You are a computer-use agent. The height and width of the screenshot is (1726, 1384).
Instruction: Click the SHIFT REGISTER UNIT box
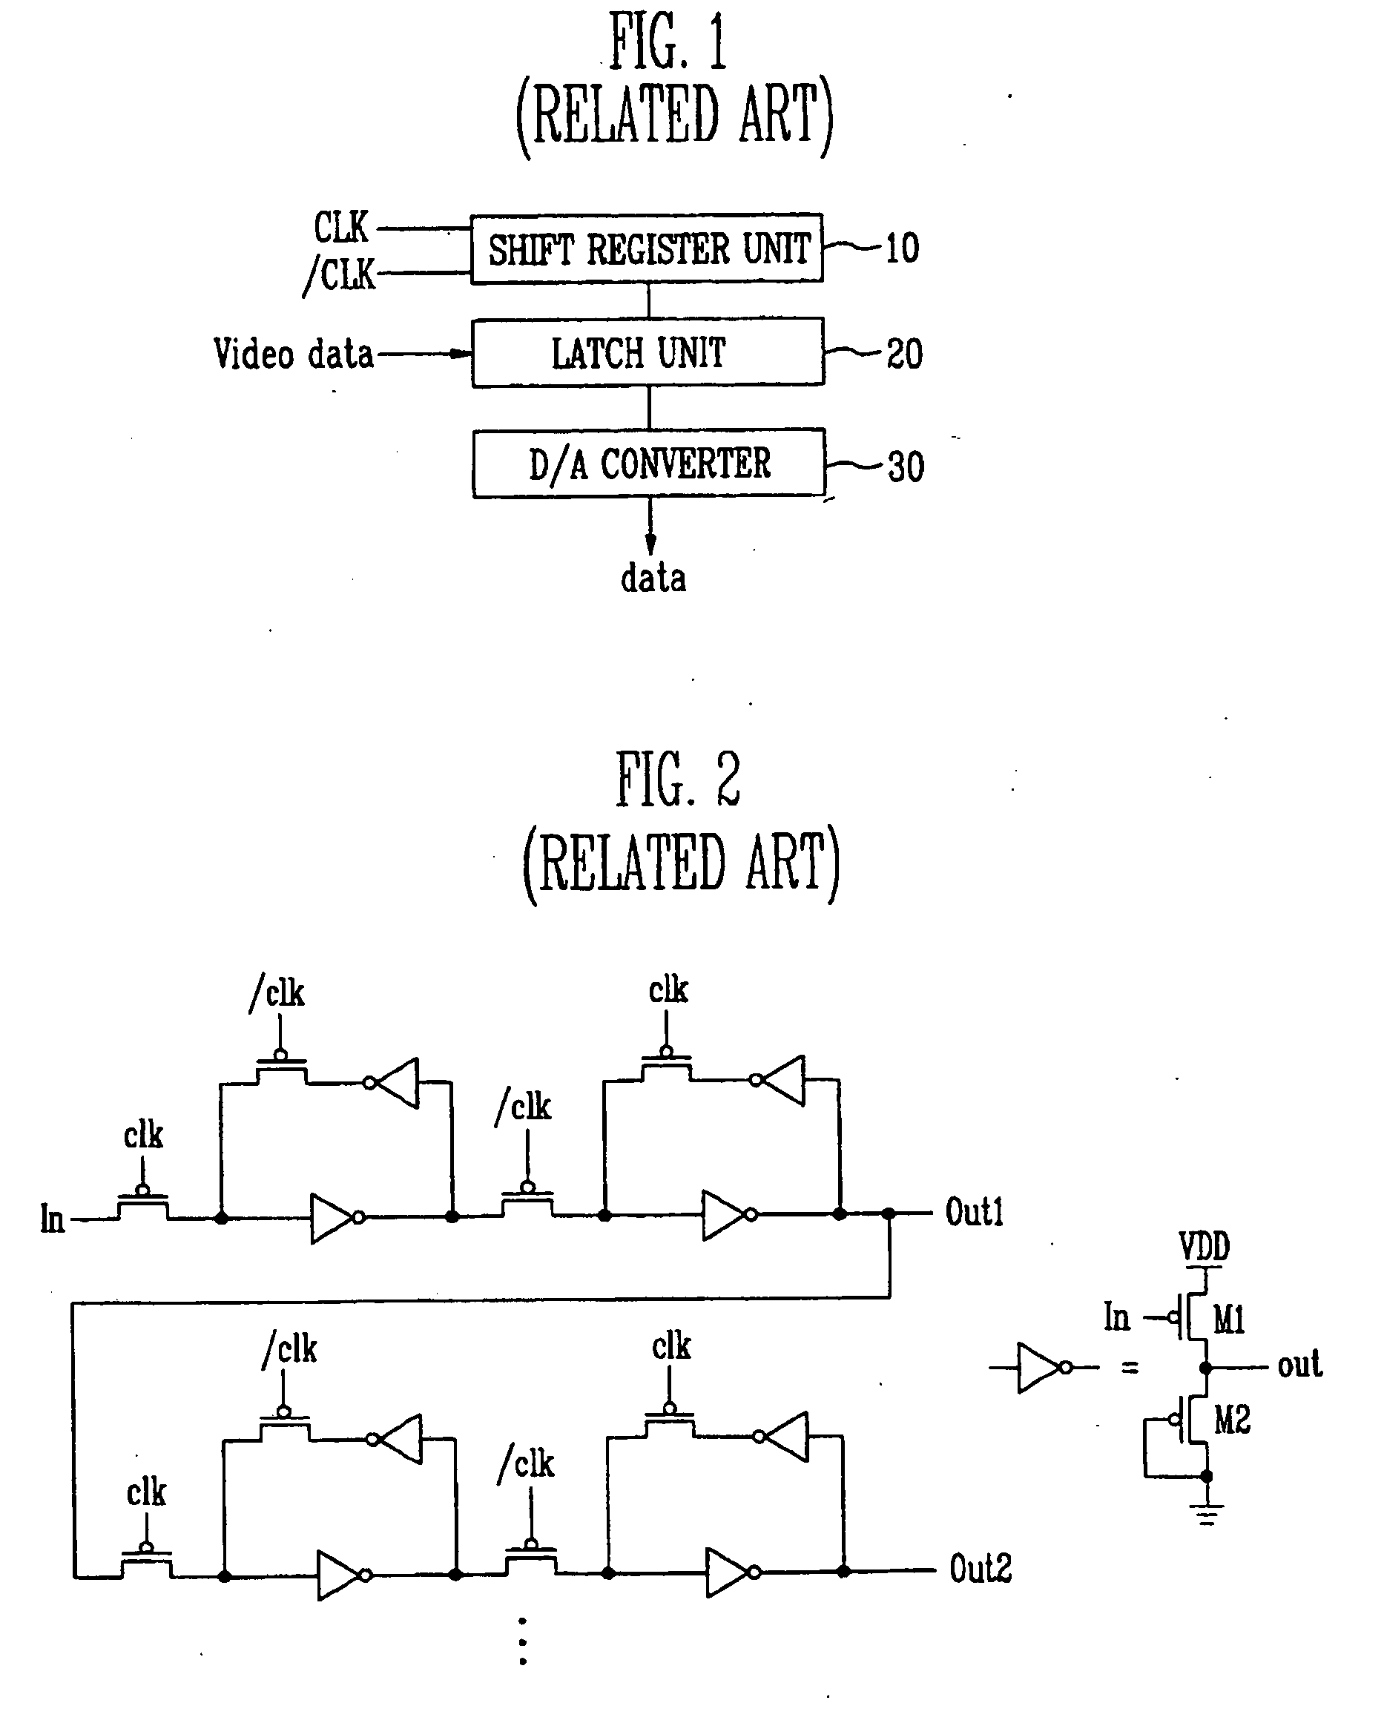point(647,248)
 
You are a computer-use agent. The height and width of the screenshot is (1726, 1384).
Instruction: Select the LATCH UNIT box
point(647,352)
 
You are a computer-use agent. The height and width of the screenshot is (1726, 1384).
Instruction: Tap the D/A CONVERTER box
point(648,463)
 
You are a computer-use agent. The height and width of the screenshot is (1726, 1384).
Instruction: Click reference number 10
point(902,248)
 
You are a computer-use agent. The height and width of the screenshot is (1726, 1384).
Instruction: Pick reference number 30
point(906,467)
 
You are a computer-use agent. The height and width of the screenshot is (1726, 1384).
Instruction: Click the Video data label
point(293,354)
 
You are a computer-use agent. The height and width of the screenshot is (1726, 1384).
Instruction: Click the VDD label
point(1204,1246)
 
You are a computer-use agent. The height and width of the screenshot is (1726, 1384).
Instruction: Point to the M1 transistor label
point(1229,1320)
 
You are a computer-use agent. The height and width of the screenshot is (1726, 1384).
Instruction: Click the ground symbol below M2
point(1206,1515)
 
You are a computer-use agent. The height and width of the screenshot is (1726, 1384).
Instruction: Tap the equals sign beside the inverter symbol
point(1130,1368)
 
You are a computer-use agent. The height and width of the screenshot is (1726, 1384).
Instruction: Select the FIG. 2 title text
point(678,779)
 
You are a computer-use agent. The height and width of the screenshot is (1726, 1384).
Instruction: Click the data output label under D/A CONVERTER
point(653,577)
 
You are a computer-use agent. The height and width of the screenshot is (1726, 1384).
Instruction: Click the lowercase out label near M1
point(1299,1365)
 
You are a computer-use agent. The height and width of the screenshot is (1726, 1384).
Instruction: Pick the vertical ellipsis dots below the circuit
point(523,1641)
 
